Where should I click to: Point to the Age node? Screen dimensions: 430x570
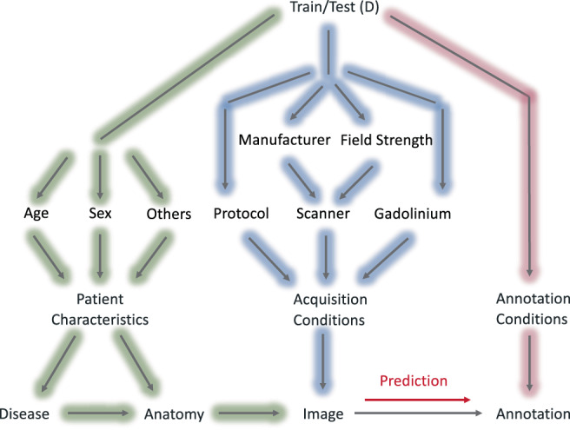[37, 214]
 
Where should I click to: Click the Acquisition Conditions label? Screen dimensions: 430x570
[328, 309]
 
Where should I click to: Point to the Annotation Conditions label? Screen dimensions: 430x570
[531, 309]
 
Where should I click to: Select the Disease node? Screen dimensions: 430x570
[23, 413]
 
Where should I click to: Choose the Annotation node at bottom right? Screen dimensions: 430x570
[531, 413]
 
